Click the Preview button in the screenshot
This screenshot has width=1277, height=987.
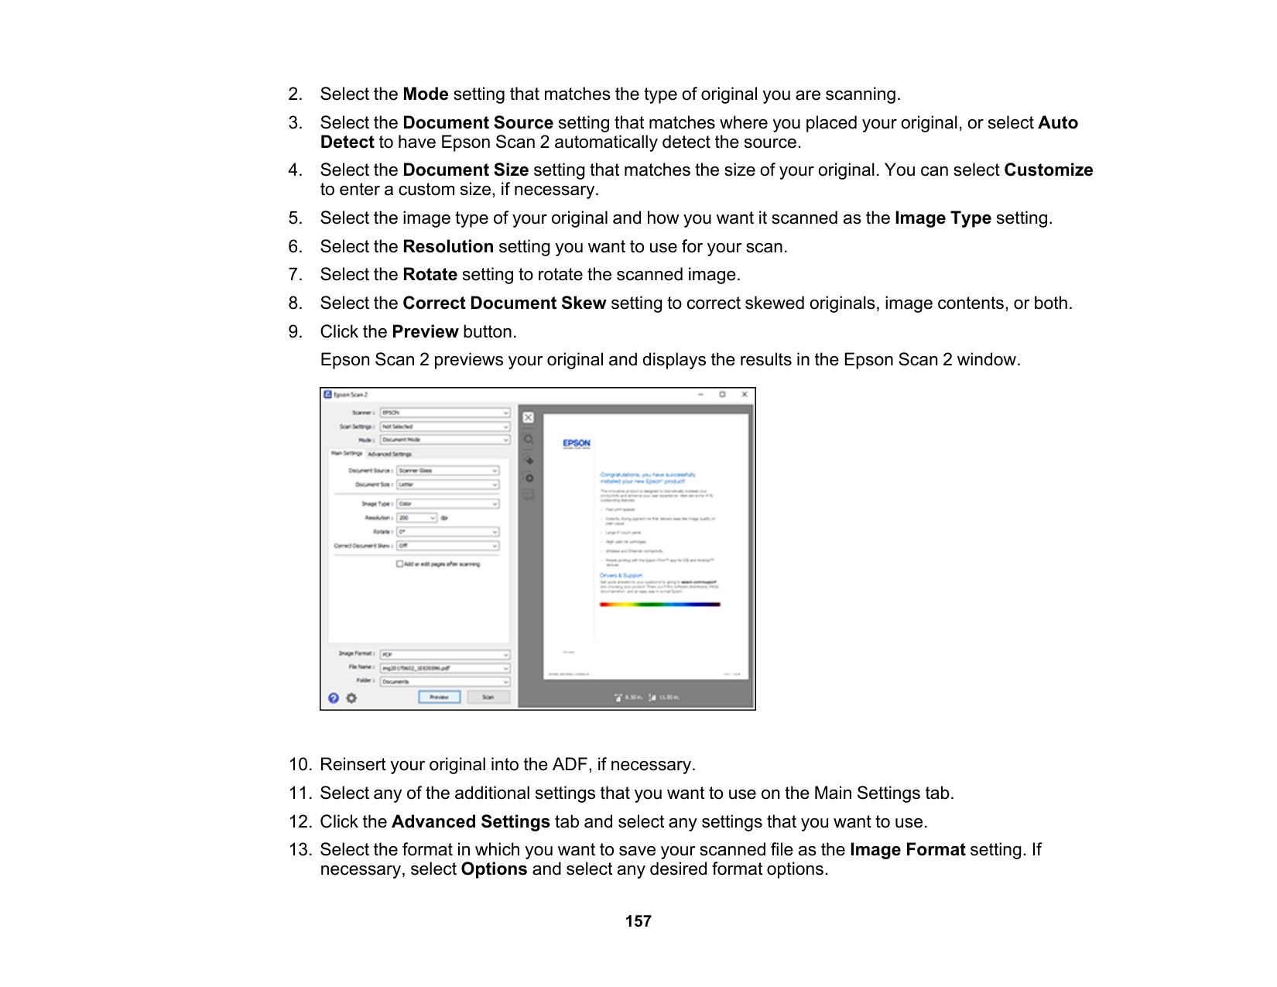439,697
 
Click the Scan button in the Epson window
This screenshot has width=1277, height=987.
488,697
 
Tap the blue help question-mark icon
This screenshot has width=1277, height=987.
334,698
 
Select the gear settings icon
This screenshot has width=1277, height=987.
351,698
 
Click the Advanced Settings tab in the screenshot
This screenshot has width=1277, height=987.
389,454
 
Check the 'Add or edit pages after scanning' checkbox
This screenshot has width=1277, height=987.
400,564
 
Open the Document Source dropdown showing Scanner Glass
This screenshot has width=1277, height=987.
447,471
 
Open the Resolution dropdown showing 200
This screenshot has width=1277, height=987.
417,518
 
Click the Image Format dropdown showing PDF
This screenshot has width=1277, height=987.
444,655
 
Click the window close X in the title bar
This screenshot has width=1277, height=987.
745,395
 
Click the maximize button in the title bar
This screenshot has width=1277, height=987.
722,395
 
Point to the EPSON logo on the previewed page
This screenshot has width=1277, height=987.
577,444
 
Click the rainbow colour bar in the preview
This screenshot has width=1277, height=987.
659,605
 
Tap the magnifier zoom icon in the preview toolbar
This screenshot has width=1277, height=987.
529,440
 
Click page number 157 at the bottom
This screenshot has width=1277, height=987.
638,921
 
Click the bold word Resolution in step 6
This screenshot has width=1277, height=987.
448,247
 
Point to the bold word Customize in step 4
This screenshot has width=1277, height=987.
1048,170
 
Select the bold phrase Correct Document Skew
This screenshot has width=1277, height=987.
504,303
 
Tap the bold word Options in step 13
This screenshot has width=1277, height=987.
494,869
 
